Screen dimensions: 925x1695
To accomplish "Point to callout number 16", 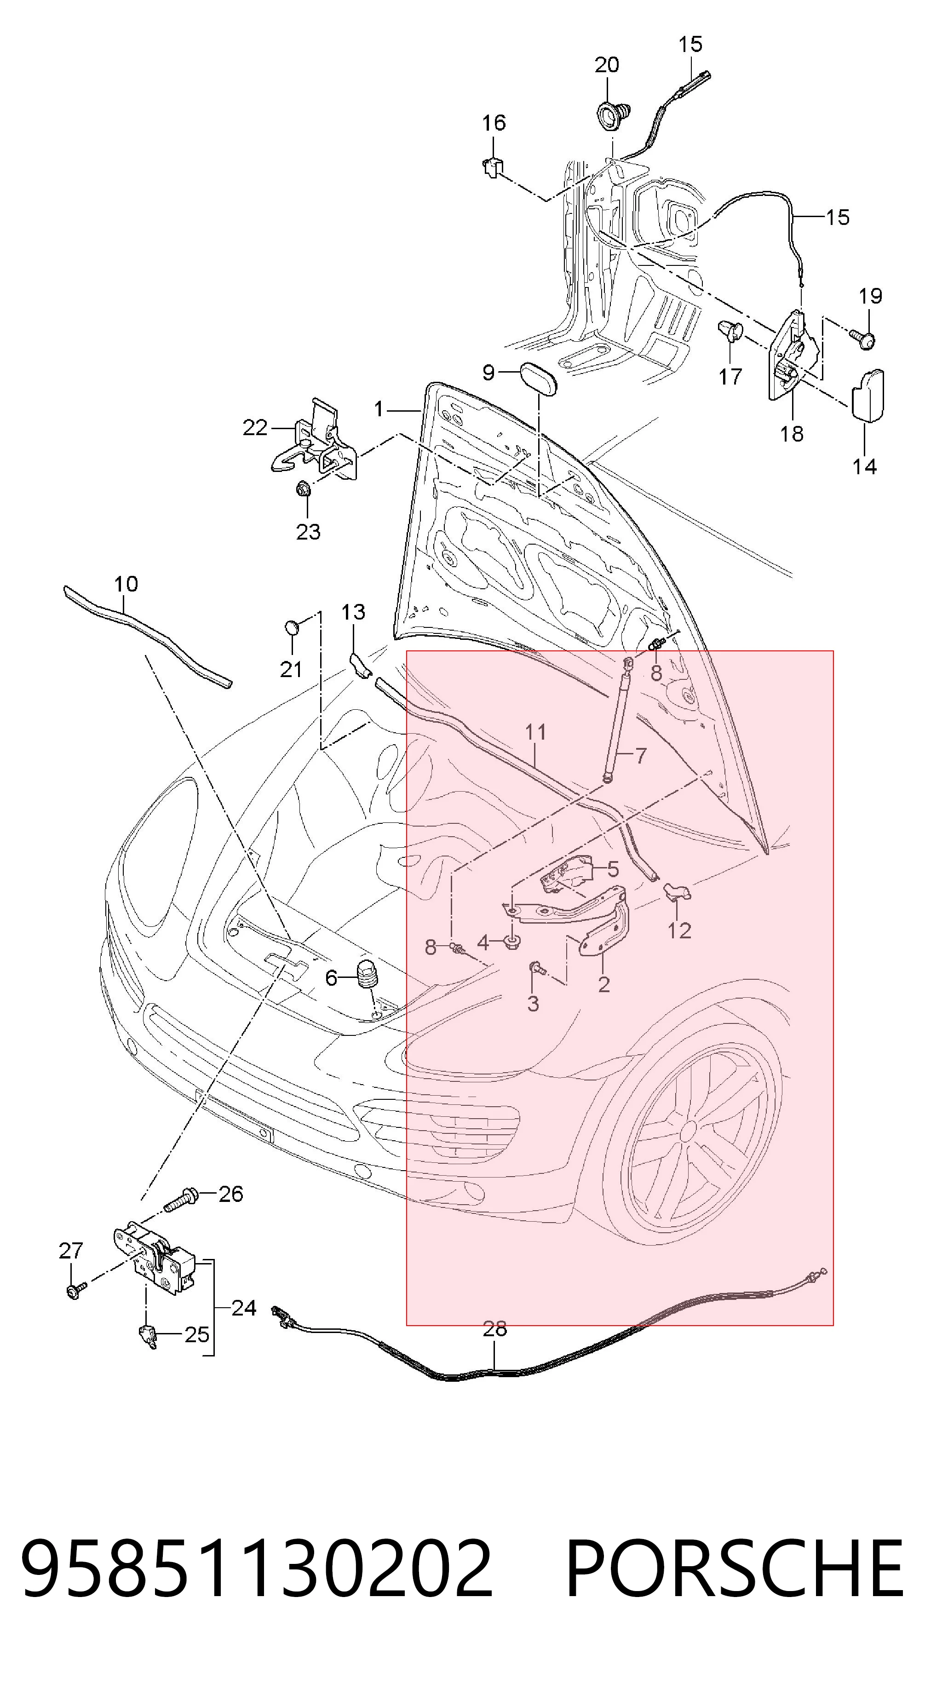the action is tap(494, 122).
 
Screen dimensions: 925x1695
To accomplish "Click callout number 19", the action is tap(870, 296).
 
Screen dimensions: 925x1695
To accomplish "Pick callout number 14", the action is tap(865, 466).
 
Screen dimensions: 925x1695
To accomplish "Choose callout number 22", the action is tap(255, 428).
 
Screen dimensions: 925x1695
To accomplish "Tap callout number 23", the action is tap(308, 532).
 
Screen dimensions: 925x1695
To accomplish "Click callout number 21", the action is tap(291, 670).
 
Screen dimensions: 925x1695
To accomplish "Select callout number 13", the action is tap(353, 612).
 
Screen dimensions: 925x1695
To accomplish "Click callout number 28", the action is tap(495, 1342).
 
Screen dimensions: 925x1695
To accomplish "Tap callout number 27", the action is tap(71, 1251).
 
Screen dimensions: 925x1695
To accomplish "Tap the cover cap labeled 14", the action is tap(868, 393).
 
